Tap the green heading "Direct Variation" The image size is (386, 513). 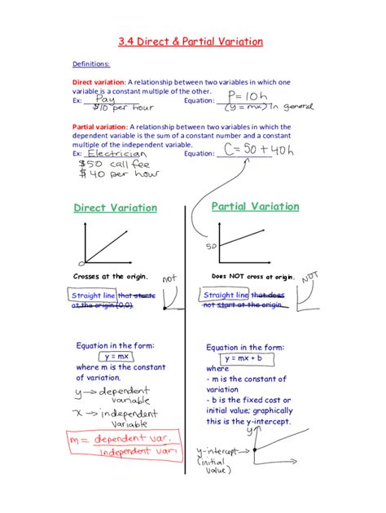[x=115, y=208]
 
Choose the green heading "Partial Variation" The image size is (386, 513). [x=255, y=207]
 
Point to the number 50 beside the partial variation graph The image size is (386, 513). [x=210, y=245]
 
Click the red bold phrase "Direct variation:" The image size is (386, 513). [x=99, y=82]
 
